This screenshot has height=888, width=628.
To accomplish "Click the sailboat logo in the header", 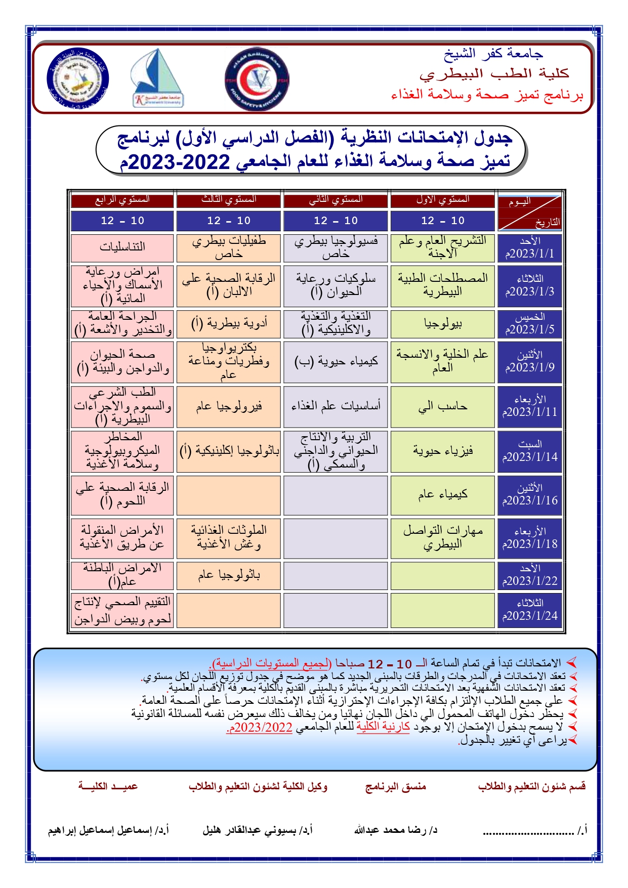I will point(156,78).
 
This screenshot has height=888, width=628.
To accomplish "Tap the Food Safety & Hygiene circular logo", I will point(257,79).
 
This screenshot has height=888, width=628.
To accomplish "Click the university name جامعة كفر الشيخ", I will point(493,53).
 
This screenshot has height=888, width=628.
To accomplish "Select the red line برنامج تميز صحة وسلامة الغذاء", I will point(487,95).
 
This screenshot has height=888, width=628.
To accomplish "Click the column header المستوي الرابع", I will point(122,200).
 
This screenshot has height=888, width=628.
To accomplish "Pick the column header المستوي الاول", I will point(443,200).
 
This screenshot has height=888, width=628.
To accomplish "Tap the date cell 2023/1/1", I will point(530,247).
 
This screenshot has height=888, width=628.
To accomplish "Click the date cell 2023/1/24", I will point(530,610).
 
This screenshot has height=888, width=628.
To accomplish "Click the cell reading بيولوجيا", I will point(443,324).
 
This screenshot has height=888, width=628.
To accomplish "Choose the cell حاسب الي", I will point(443,406).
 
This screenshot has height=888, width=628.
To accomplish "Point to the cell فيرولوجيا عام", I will point(229,406).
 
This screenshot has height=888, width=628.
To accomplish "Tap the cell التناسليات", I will point(122,247).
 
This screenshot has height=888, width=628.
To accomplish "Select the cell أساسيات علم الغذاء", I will point(336,406).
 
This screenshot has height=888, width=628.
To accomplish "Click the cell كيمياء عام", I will point(443,494).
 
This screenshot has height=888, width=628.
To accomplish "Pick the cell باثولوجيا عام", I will point(229,575).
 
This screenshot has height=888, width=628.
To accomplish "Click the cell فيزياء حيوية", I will point(443,451).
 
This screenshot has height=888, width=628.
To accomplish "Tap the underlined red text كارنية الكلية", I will point(383,727).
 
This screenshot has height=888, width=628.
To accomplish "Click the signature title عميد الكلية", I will point(108,786).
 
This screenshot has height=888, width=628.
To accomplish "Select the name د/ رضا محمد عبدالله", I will point(396,830).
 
